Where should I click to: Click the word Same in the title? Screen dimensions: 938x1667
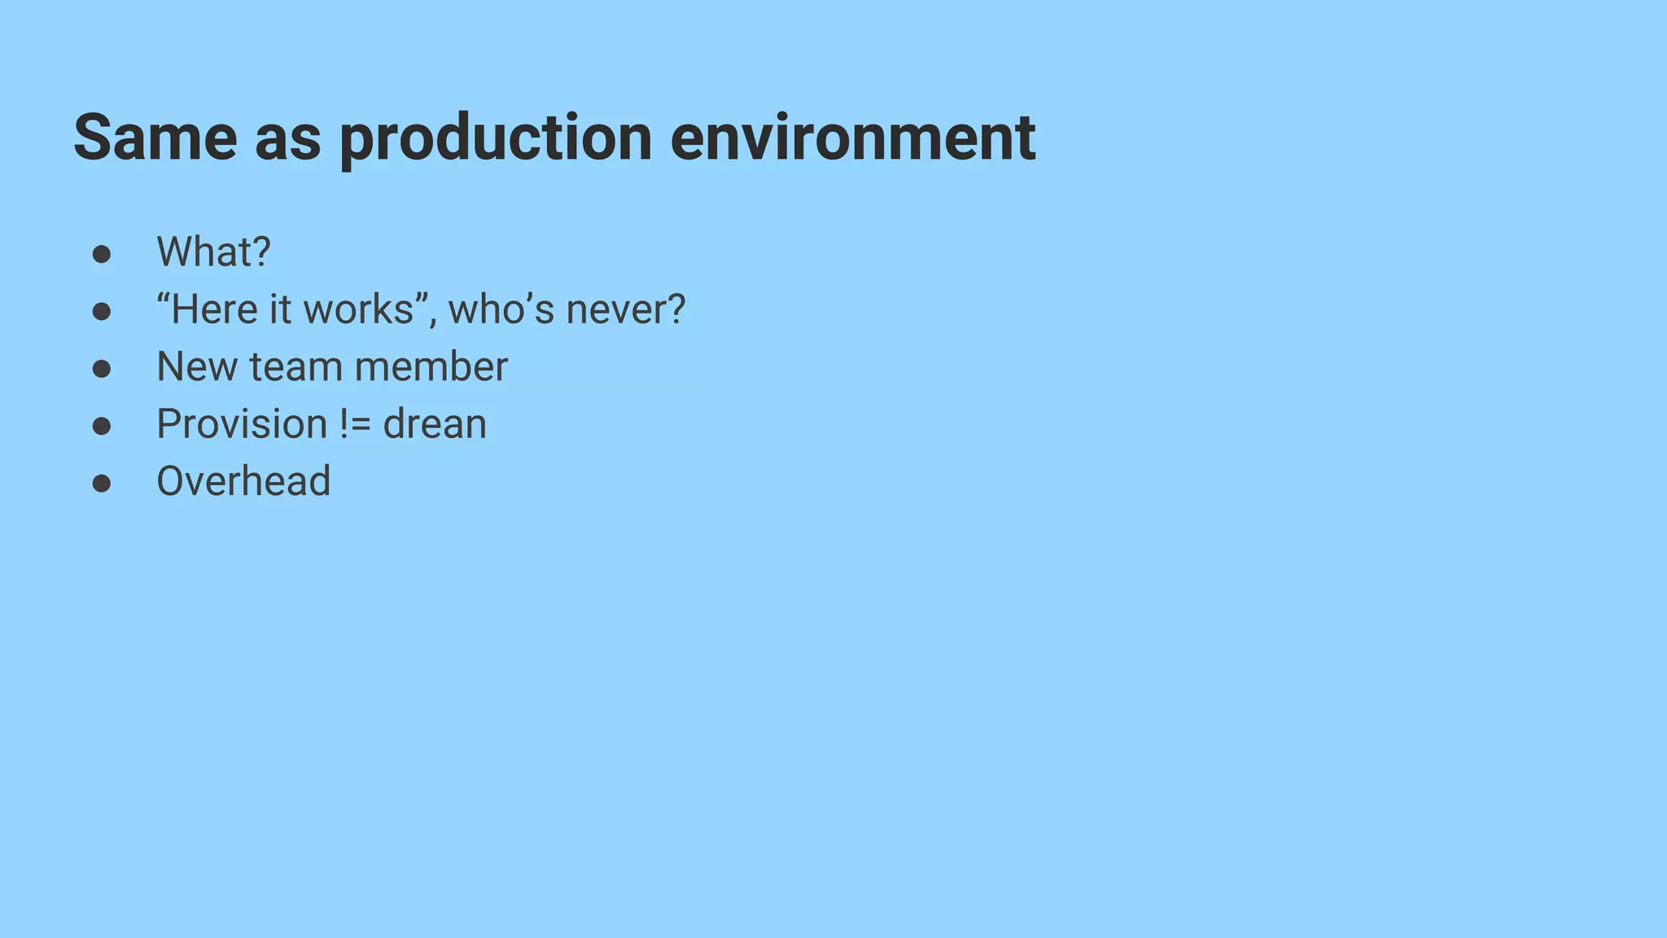point(155,138)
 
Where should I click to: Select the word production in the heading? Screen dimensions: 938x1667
point(495,138)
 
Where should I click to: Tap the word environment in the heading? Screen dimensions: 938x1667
point(852,138)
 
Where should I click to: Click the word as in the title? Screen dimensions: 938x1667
point(287,138)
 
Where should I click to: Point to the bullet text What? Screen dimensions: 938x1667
point(213,252)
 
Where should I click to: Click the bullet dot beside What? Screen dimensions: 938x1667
point(102,254)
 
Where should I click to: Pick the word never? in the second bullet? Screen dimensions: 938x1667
point(626,309)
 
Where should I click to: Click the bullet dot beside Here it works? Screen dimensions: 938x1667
point(102,312)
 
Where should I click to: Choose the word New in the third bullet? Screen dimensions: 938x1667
point(196,366)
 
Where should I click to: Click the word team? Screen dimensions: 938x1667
point(295,366)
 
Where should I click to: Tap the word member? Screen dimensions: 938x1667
point(431,366)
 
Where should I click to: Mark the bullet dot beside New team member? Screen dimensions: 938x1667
point(102,369)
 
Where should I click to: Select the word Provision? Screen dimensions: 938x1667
point(242,424)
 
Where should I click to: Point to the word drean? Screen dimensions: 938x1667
point(435,424)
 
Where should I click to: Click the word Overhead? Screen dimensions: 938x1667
point(243,481)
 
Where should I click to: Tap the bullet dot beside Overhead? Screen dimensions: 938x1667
point(102,484)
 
